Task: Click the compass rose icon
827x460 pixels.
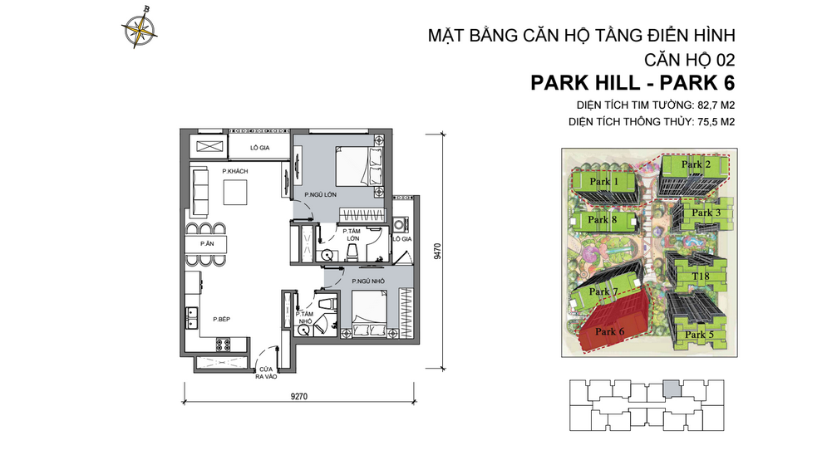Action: pyautogui.click(x=140, y=27)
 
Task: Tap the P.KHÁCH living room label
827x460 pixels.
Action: pyautogui.click(x=235, y=171)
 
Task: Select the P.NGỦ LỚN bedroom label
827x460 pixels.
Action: pyautogui.click(x=321, y=195)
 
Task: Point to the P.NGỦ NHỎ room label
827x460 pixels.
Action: pyautogui.click(x=368, y=281)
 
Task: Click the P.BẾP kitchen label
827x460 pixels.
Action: pyautogui.click(x=222, y=320)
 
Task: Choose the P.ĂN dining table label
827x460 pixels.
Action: pyautogui.click(x=207, y=244)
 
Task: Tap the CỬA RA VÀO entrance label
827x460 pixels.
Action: pyautogui.click(x=266, y=373)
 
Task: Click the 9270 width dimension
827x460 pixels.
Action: pyautogui.click(x=298, y=396)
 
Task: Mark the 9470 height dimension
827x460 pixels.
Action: pyautogui.click(x=437, y=252)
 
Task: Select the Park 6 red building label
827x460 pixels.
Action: pyautogui.click(x=610, y=331)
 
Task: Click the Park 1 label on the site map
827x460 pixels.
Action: pyautogui.click(x=604, y=182)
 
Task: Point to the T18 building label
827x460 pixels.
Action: pyautogui.click(x=701, y=276)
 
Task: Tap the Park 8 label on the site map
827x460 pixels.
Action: pyautogui.click(x=603, y=220)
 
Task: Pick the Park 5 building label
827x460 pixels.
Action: pyautogui.click(x=699, y=335)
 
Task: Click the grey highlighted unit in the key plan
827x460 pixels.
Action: pyautogui.click(x=672, y=389)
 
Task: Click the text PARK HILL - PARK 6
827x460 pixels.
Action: pyautogui.click(x=633, y=83)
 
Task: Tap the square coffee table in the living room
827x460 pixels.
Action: pyautogui.click(x=235, y=193)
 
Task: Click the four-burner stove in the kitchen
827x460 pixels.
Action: pyautogui.click(x=224, y=345)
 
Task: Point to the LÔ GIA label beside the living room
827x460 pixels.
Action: pyautogui.click(x=260, y=148)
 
